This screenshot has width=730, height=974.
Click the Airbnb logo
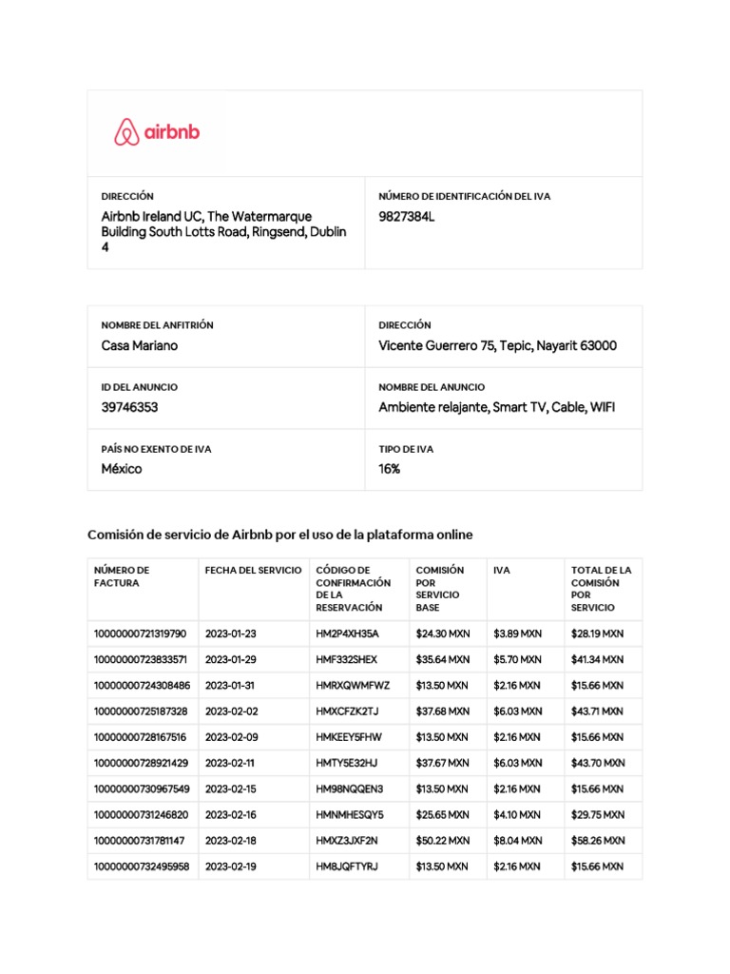[157, 132]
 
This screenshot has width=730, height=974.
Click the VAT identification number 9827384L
[406, 217]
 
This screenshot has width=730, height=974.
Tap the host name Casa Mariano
[140, 345]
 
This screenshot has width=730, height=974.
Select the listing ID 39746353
[129, 407]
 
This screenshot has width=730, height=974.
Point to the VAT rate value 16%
[389, 469]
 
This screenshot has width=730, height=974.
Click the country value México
[122, 469]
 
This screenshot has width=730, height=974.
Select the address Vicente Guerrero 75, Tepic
[497, 345]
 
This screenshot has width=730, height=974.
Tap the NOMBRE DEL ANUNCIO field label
[432, 387]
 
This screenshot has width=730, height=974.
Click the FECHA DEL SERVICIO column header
[253, 571]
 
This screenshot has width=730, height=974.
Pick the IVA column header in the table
[502, 571]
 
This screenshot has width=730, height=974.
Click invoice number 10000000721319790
[140, 633]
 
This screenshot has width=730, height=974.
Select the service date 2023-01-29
[231, 659]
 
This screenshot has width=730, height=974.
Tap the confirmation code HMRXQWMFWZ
[353, 685]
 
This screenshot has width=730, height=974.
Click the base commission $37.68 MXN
[443, 711]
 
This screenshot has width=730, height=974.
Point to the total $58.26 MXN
[598, 841]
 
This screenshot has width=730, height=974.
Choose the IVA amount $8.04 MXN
[517, 841]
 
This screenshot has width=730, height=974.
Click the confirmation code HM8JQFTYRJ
[347, 867]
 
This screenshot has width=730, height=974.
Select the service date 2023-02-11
[230, 763]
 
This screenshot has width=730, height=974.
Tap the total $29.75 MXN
[598, 815]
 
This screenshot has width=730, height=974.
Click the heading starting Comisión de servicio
[279, 536]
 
